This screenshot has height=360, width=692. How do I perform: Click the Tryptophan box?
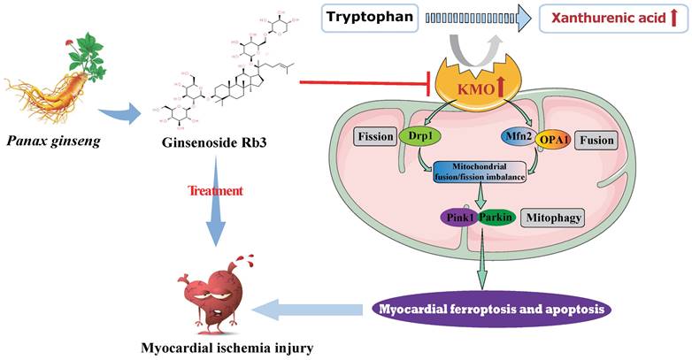pos(371,17)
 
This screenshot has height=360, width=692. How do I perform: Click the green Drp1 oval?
pos(415,137)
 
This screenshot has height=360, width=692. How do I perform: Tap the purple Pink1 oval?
pos(458,217)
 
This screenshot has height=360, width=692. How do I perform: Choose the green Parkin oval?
pos(496,217)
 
